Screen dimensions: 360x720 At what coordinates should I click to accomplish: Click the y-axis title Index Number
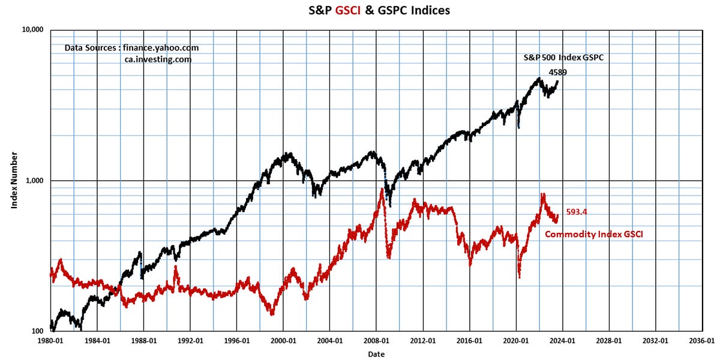coord(13,181)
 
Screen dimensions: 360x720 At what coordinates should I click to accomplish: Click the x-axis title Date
coord(377,354)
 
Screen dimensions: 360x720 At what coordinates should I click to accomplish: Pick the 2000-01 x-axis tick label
coord(283,340)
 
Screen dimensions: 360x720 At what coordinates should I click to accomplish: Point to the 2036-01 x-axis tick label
coord(701,340)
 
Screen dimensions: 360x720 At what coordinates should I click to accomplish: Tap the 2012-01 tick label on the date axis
coord(423,340)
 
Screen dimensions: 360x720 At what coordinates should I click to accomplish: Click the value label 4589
coord(558,72)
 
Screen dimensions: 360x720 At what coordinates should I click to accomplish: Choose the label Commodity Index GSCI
coord(593,235)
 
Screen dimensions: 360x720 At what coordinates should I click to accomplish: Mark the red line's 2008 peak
coord(382,190)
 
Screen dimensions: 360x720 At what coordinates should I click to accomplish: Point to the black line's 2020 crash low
coord(518,127)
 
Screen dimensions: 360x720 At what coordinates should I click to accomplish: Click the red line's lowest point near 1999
coord(272,313)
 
